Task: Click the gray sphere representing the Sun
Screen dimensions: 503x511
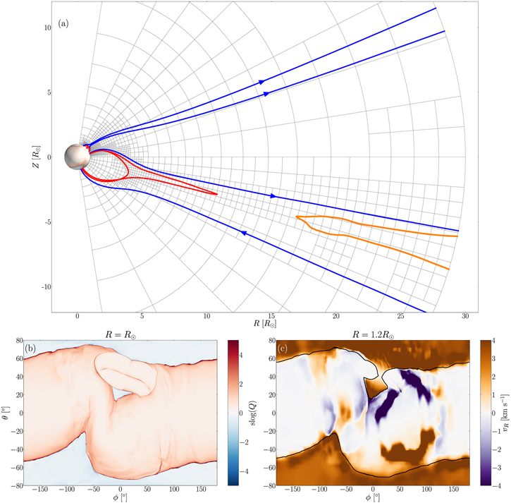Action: (x=75, y=156)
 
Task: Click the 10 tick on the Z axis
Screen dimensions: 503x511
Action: (x=48, y=28)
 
